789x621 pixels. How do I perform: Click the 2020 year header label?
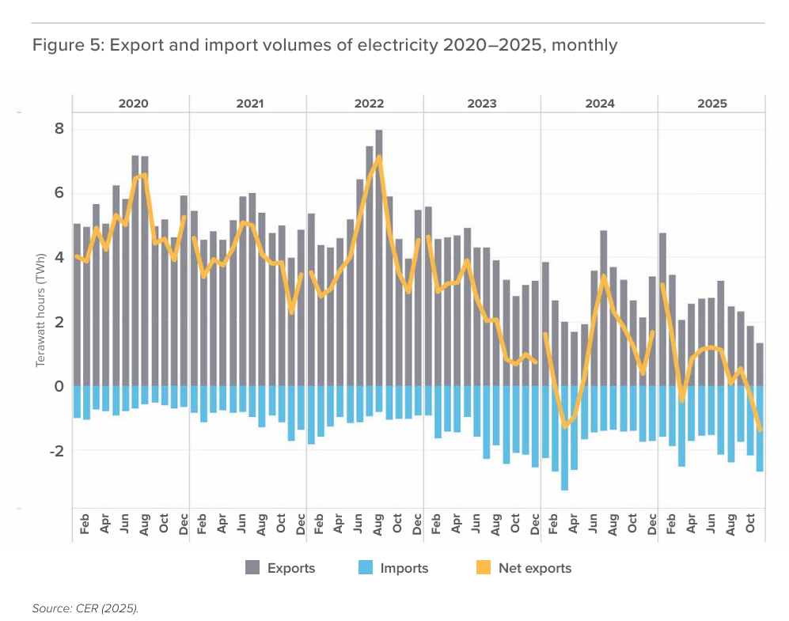pyautogui.click(x=133, y=104)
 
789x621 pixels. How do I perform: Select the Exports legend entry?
pyautogui.click(x=290, y=568)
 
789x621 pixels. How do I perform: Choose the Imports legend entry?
pyautogui.click(x=404, y=568)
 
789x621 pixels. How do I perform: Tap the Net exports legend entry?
pyautogui.click(x=534, y=568)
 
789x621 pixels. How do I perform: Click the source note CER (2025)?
pyautogui.click(x=85, y=608)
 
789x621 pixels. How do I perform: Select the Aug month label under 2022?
pyautogui.click(x=379, y=525)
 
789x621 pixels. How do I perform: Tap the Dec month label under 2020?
pyautogui.click(x=184, y=525)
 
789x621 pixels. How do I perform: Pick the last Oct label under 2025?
pyautogui.click(x=750, y=525)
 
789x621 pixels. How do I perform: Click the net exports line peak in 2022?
pyautogui.click(x=379, y=157)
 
